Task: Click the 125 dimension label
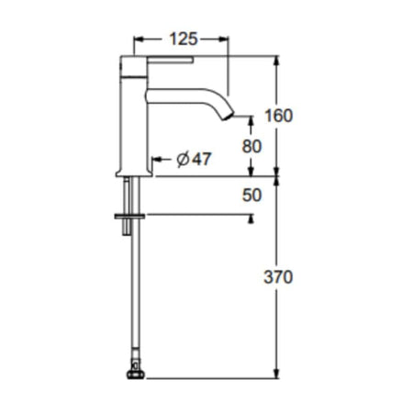(x=184, y=39)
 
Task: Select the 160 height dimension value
(x=278, y=116)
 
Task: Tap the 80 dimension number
(x=251, y=146)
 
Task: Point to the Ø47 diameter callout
(x=194, y=159)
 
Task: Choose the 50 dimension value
(x=251, y=195)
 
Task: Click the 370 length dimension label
(x=278, y=277)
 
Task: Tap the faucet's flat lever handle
(x=170, y=60)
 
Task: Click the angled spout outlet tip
(x=229, y=117)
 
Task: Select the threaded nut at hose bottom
(x=136, y=374)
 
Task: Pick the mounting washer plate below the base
(x=129, y=217)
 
